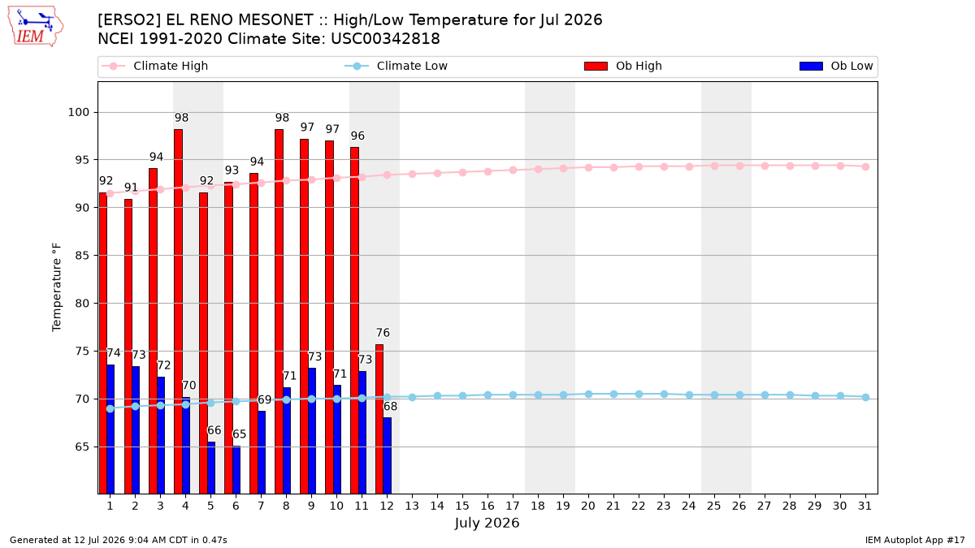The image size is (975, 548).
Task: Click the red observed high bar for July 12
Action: click(379, 419)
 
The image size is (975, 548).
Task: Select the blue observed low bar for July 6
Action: click(236, 470)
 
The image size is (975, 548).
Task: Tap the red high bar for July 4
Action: click(178, 312)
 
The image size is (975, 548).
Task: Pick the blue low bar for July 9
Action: click(312, 431)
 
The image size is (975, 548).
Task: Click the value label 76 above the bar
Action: click(383, 333)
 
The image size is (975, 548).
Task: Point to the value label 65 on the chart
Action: click(240, 434)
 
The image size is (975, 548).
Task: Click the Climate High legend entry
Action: click(154, 66)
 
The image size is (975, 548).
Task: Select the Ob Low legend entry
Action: click(836, 66)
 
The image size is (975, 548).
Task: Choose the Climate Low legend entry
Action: click(396, 66)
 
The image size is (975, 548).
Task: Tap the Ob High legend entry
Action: click(623, 66)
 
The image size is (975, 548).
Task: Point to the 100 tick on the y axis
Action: click(78, 113)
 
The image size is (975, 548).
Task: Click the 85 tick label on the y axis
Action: click(82, 256)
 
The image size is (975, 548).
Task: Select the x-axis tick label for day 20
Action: click(588, 507)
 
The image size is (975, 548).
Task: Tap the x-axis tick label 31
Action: click(864, 507)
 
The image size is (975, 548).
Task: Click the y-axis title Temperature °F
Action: click(57, 287)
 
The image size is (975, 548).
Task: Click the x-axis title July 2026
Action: click(487, 523)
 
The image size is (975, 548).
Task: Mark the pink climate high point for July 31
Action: click(865, 167)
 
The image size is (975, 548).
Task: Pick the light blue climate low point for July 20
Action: click(588, 395)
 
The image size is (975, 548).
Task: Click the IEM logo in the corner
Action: click(36, 26)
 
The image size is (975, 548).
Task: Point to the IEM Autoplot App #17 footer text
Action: click(915, 540)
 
